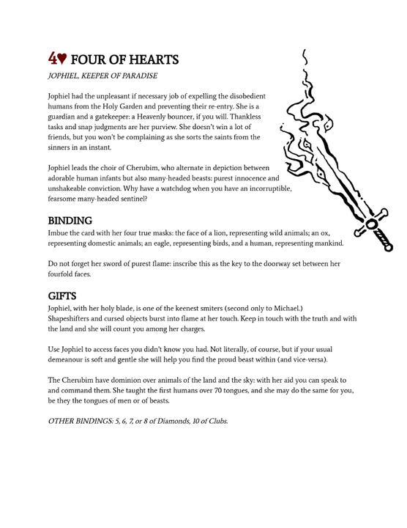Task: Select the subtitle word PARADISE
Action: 135,76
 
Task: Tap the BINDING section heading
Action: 70,220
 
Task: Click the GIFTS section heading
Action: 64,296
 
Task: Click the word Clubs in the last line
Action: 217,422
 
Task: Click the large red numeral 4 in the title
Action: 53,59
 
